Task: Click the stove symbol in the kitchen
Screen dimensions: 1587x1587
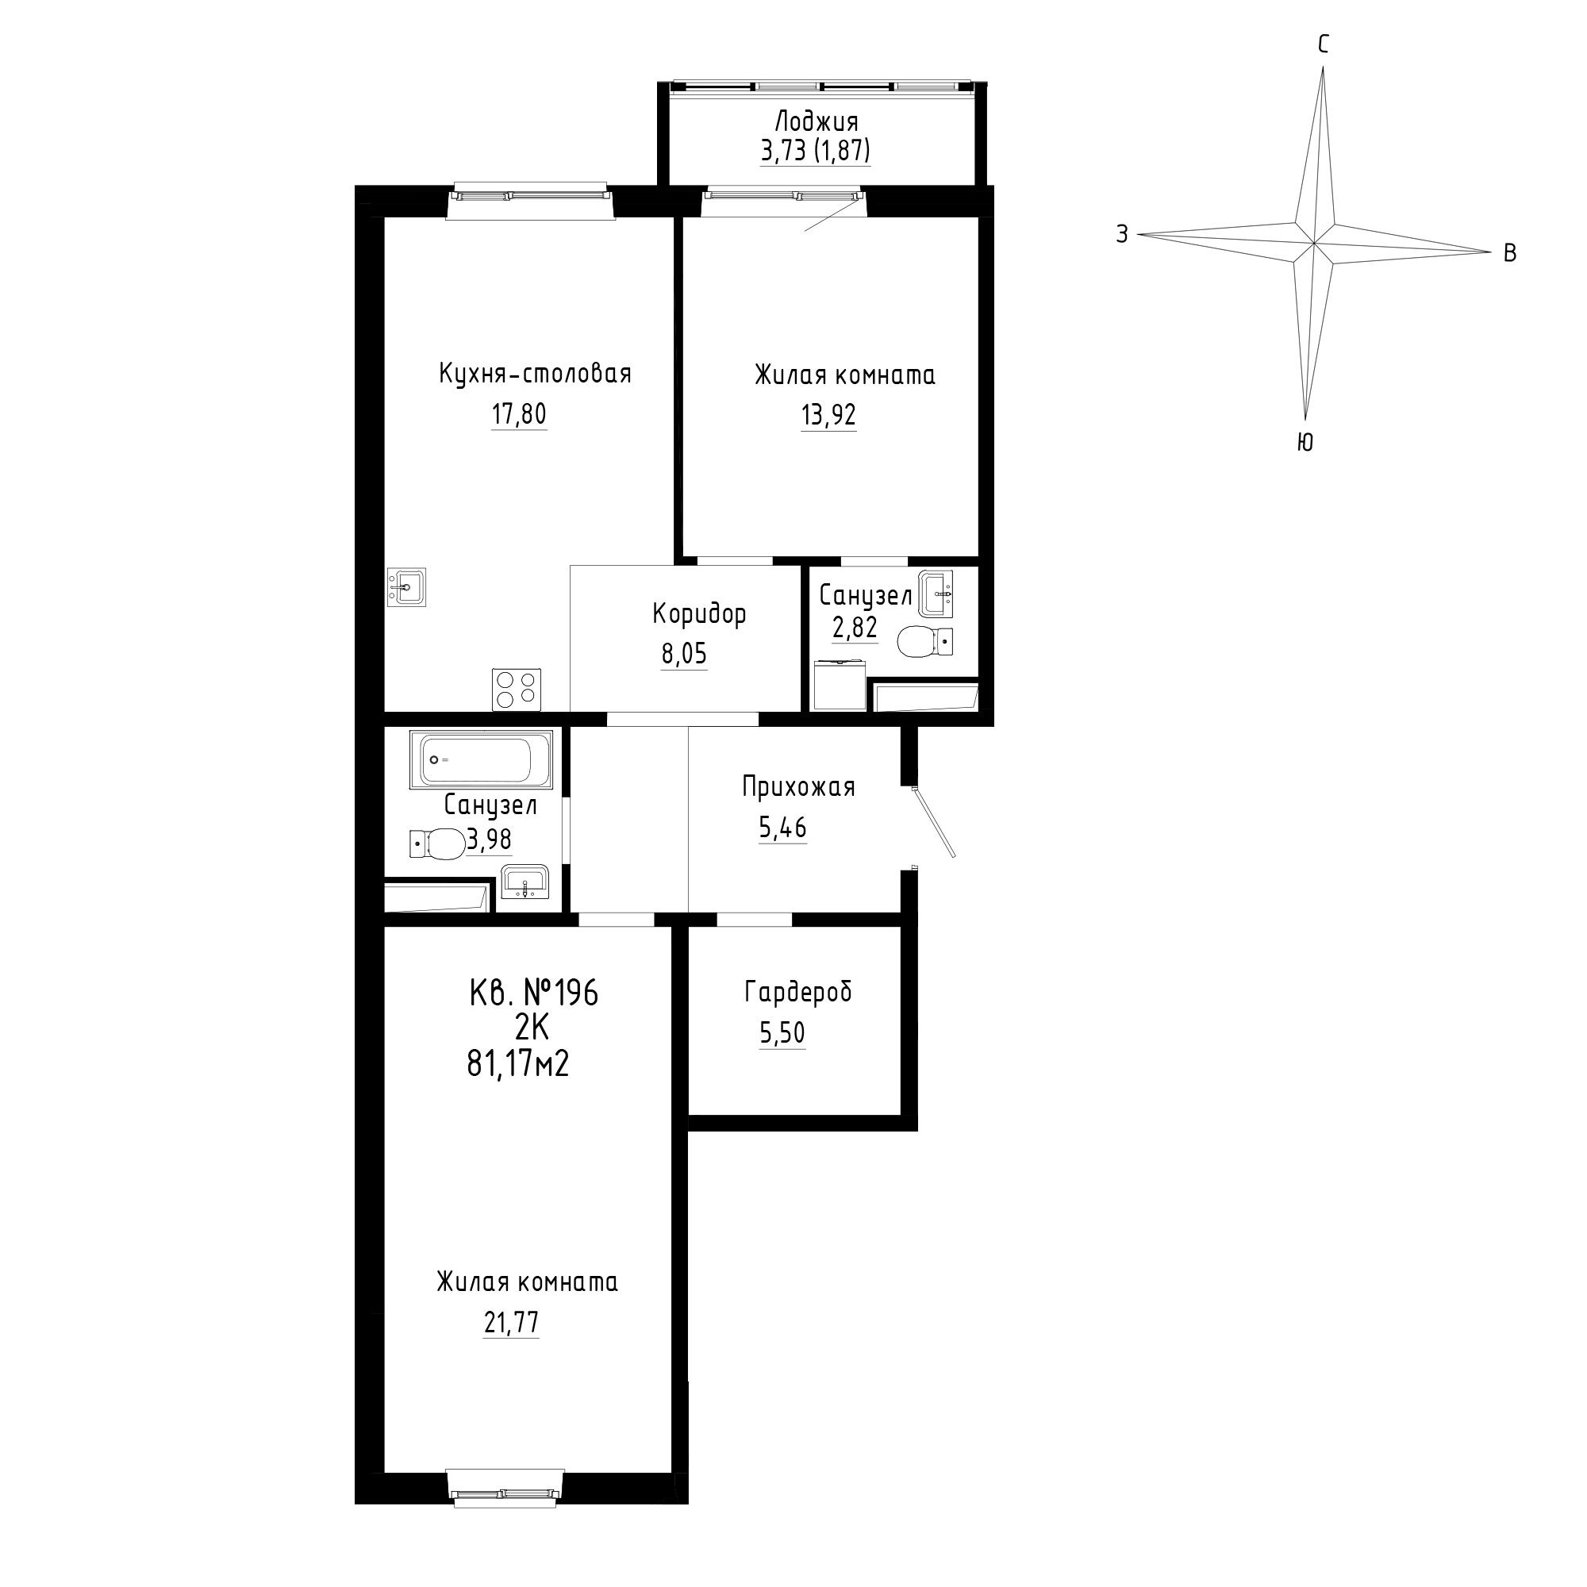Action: pos(517,690)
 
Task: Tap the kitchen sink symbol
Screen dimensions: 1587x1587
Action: pos(406,587)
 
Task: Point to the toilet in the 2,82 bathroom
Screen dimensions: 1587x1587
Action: pos(925,641)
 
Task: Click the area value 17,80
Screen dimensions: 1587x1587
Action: pos(519,415)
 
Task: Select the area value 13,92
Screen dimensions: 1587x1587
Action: pos(829,416)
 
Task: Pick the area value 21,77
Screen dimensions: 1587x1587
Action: pos(512,1324)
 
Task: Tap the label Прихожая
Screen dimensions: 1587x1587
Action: pos(798,787)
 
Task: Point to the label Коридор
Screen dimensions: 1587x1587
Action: pos(700,613)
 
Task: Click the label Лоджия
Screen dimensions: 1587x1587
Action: pos(817,122)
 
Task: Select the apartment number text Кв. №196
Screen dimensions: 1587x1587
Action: pos(534,993)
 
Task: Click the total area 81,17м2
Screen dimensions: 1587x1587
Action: pos(518,1065)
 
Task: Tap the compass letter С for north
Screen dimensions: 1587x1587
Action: pos(1324,44)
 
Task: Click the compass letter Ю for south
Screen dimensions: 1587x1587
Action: pos(1305,443)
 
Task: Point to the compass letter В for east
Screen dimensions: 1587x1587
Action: pos(1510,254)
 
